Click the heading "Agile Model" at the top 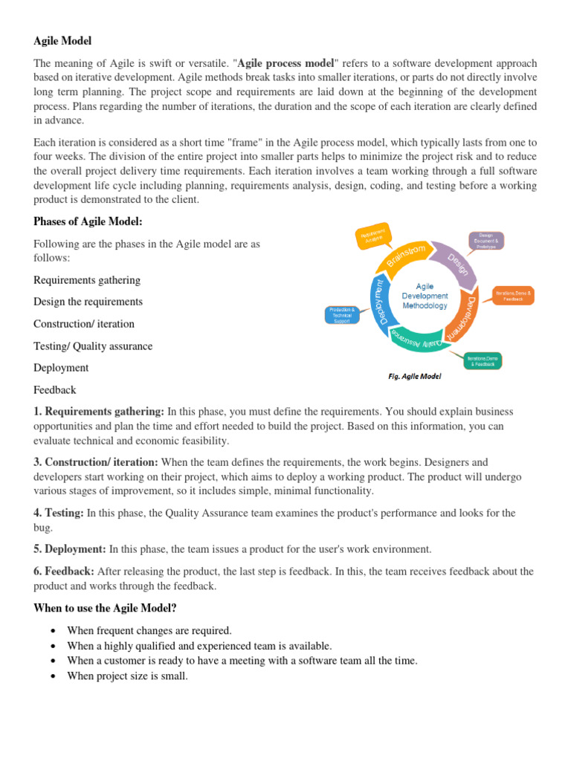[x=62, y=41]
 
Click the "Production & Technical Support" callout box [x=343, y=315]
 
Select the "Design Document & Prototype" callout [x=486, y=241]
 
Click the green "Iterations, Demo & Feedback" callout [x=483, y=360]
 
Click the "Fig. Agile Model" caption [x=415, y=376]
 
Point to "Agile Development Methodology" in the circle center [x=425, y=296]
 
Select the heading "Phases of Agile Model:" [x=88, y=221]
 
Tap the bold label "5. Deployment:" [x=70, y=549]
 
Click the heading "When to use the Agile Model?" [x=105, y=608]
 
